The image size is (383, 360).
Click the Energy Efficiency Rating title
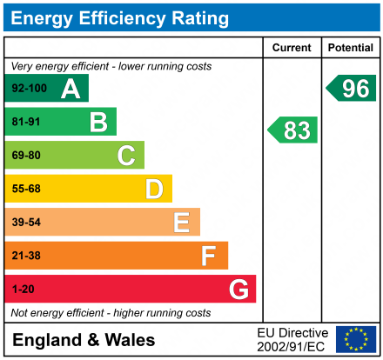(x=123, y=17)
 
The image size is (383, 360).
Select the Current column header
(x=292, y=48)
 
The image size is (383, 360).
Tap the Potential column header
(x=351, y=48)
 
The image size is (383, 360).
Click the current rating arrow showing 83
(x=293, y=130)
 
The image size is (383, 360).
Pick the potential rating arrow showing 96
(x=353, y=88)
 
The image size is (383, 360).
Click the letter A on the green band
(x=71, y=89)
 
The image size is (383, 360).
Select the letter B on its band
(x=98, y=123)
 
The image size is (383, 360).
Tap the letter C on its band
(x=126, y=156)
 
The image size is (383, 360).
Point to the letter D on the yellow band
(x=154, y=190)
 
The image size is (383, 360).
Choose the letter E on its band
(x=181, y=223)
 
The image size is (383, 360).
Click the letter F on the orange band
(x=209, y=256)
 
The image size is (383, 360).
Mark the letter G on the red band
(x=238, y=289)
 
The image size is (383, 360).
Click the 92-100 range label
(x=30, y=89)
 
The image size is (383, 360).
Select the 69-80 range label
(x=26, y=156)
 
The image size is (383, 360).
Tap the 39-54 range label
(x=26, y=223)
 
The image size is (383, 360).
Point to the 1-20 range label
(x=23, y=289)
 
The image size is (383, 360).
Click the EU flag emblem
(x=356, y=339)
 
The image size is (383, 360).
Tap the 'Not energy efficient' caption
(x=111, y=312)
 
